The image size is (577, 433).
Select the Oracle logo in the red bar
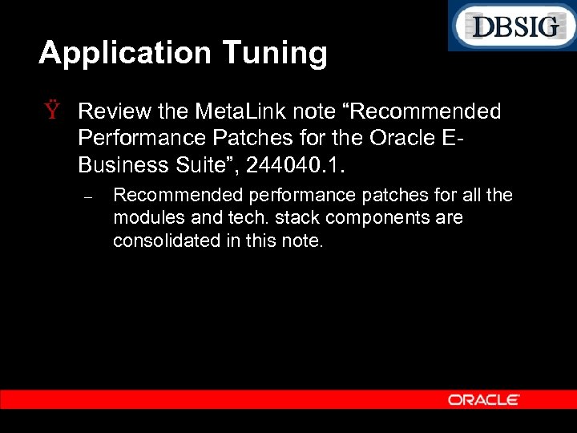484,399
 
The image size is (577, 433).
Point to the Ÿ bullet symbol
52,111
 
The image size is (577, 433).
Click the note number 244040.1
297,165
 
